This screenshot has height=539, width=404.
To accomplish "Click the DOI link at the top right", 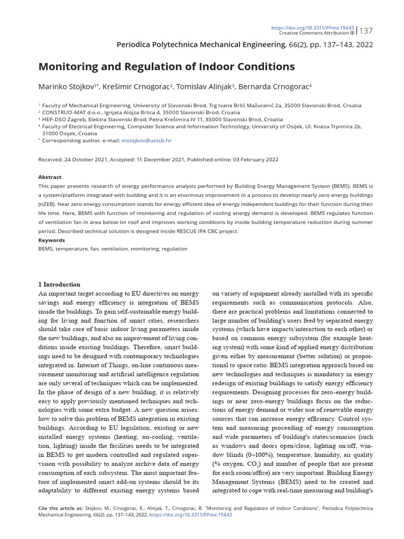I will [313, 27].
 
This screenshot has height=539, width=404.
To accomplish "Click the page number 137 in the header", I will [366, 31].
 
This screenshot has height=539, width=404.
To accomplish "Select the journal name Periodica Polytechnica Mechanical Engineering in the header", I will [200, 45].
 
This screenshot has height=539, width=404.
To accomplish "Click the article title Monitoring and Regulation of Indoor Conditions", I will [166, 67].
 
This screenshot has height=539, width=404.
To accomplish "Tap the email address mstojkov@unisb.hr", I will [146, 141].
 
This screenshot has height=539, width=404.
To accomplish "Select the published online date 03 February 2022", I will [250, 159].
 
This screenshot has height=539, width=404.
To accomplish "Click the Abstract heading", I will [49, 177].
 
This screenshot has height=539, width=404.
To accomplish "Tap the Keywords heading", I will [52, 240].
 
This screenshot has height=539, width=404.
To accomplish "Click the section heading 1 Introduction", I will [59, 285].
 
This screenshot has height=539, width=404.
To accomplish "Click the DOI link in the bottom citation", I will [190, 515].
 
